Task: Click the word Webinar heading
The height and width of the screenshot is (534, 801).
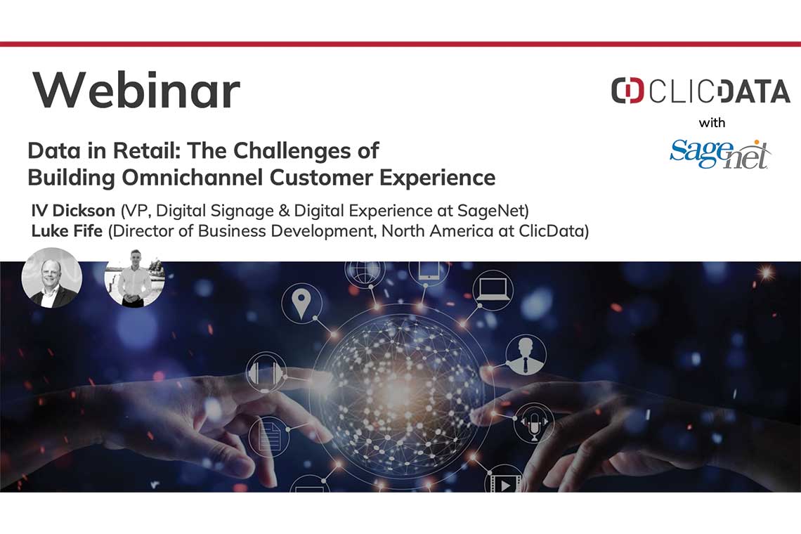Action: [x=136, y=90]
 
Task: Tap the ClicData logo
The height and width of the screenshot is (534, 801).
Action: [x=701, y=91]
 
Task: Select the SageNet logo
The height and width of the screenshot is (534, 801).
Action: [x=720, y=154]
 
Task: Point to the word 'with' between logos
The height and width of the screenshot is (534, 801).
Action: [x=712, y=123]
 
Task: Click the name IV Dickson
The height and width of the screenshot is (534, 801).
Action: [x=73, y=211]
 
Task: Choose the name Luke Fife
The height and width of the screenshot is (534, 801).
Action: [x=67, y=231]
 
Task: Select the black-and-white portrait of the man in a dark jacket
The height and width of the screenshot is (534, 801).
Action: [x=51, y=278]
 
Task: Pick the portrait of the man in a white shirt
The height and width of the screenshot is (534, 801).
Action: [x=134, y=278]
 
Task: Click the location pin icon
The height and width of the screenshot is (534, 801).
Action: [x=301, y=303]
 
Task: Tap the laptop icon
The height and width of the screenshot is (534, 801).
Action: [x=492, y=289]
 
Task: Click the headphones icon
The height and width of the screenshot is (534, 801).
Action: [x=266, y=372]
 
